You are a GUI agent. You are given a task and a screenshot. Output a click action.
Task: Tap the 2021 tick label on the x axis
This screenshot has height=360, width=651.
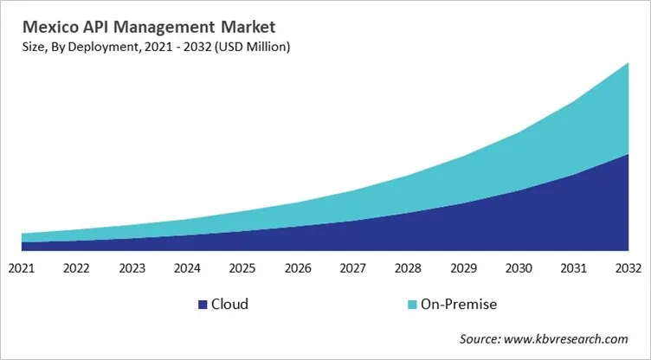pyautogui.click(x=22, y=267)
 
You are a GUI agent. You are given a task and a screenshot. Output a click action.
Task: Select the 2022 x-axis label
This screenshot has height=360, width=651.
pyautogui.click(x=77, y=267)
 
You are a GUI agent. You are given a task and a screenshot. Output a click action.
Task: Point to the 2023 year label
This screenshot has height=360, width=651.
pyautogui.click(x=132, y=267)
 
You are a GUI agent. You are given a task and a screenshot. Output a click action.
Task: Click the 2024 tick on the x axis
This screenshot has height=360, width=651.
pyautogui.click(x=187, y=267)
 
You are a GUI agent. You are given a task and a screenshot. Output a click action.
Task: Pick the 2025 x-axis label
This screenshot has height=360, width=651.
pyautogui.click(x=242, y=267)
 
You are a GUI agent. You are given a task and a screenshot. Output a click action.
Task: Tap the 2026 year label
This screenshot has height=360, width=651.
pyautogui.click(x=298, y=267)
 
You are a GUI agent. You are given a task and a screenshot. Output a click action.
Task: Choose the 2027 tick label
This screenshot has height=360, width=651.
pyautogui.click(x=352, y=267)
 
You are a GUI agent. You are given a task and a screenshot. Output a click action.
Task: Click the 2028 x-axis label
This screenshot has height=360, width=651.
pyautogui.click(x=408, y=267)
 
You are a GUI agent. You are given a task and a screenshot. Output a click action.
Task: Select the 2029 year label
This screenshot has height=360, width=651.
pyautogui.click(x=463, y=267)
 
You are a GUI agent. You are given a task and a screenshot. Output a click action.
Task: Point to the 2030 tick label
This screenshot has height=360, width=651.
pyautogui.click(x=518, y=267)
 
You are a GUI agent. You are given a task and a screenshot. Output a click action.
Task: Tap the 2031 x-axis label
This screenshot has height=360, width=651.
pyautogui.click(x=573, y=267)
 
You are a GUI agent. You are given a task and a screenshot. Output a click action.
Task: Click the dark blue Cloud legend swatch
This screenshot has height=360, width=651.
pyautogui.click(x=203, y=305)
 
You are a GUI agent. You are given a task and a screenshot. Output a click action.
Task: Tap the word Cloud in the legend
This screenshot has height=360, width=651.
pyautogui.click(x=229, y=305)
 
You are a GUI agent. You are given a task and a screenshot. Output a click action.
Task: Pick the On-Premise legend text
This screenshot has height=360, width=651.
pyautogui.click(x=458, y=305)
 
